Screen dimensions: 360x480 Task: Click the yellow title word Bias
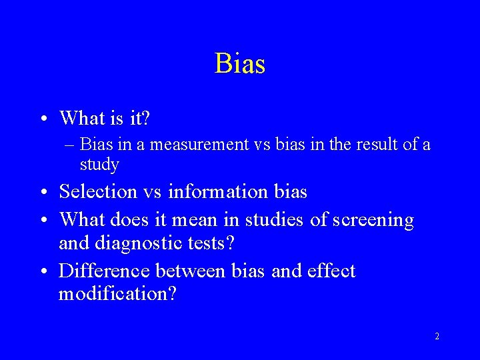point(240,64)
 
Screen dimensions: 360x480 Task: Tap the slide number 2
point(437,336)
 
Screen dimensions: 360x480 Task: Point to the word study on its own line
point(99,164)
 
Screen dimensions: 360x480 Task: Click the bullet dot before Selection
point(43,193)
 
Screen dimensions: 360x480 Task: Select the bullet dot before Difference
point(43,272)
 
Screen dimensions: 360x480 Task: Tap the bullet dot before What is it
point(43,119)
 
